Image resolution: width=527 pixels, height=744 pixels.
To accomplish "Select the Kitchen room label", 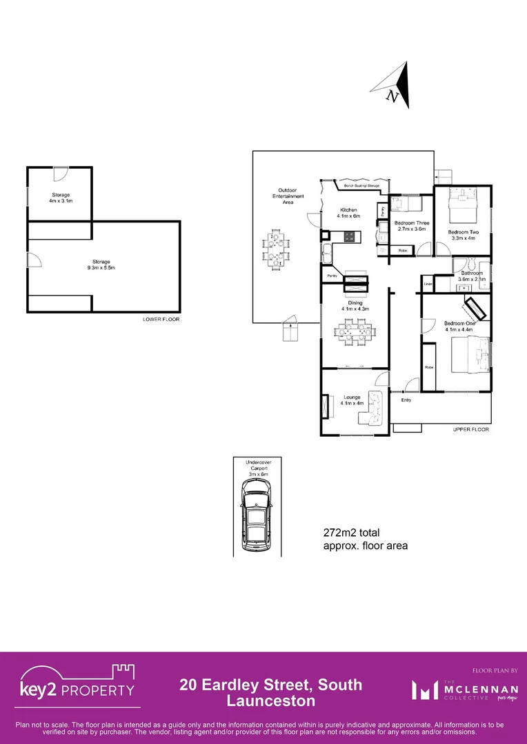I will [x=348, y=212].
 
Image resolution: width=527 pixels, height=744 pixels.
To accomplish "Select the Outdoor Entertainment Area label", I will [x=287, y=196].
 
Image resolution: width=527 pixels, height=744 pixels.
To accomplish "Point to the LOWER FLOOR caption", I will [x=161, y=320].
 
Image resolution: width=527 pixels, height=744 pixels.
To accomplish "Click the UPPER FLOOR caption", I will [x=471, y=429].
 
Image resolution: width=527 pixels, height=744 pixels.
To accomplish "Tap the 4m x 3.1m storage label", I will [x=61, y=198].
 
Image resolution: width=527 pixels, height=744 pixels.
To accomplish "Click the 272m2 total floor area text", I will [x=365, y=539].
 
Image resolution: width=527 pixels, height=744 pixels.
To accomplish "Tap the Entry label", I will [x=406, y=400].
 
